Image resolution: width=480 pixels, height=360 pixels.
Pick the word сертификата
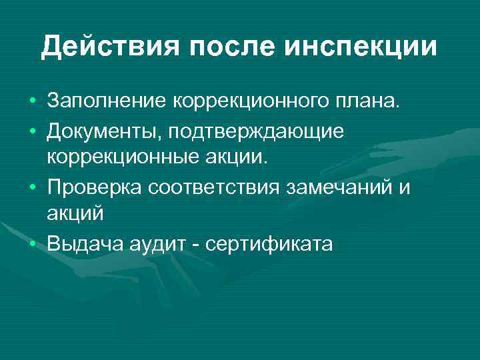pos(269,245)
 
